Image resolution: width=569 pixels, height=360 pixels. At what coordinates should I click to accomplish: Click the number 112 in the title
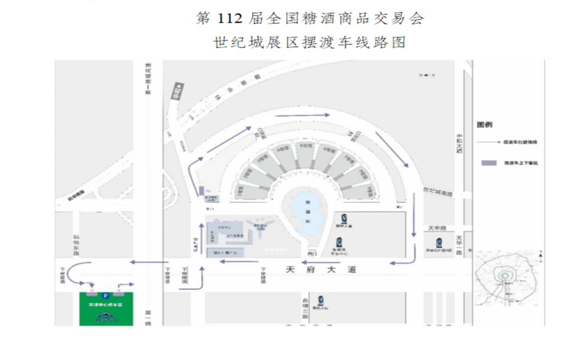[228, 18]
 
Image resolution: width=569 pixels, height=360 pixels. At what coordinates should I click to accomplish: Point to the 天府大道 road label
[321, 269]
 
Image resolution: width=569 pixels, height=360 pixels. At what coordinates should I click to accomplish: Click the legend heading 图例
[484, 125]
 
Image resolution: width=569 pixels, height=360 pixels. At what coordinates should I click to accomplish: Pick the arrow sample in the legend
[488, 142]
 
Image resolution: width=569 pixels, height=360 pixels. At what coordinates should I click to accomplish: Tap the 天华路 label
[436, 228]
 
